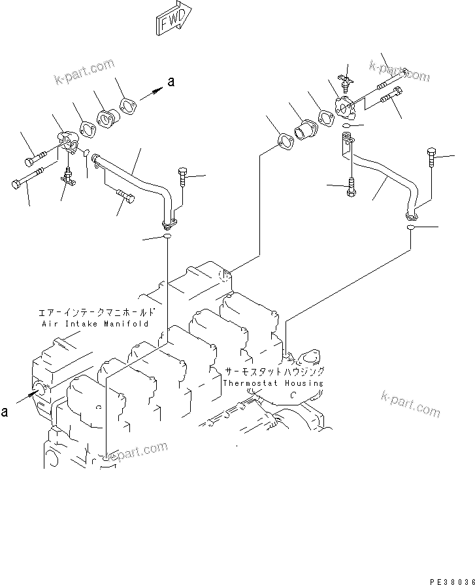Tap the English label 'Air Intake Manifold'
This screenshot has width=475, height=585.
(x=95, y=323)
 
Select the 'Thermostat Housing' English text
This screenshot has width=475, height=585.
(x=272, y=383)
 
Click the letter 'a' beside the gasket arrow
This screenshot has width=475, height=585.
(x=171, y=82)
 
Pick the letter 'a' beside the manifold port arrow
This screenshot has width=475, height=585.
(x=5, y=411)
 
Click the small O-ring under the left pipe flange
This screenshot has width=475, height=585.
(x=167, y=236)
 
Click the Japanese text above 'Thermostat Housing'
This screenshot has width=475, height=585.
(x=274, y=371)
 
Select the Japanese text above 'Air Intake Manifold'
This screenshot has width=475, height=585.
(x=95, y=312)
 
